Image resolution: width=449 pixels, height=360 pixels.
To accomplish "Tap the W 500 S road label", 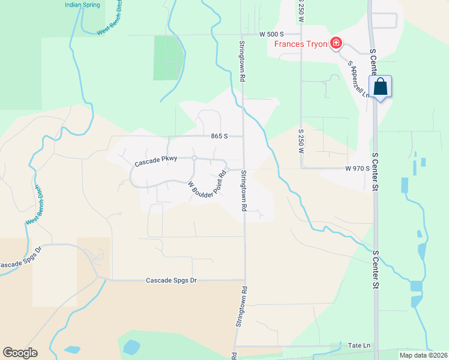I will pyautogui.click(x=271, y=35).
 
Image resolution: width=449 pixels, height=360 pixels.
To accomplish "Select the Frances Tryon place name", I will pyautogui.click(x=301, y=43).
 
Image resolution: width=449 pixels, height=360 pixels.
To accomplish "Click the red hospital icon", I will pyautogui.click(x=336, y=43).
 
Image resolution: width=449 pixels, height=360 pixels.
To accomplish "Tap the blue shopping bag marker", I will pyautogui.click(x=381, y=87).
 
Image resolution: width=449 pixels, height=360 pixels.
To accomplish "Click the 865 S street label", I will pyautogui.click(x=219, y=136).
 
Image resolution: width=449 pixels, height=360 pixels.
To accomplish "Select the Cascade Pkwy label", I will pyautogui.click(x=155, y=162).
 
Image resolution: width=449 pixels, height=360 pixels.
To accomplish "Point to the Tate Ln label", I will pyautogui.click(x=360, y=346).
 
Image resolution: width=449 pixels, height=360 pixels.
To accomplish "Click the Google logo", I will pyautogui.click(x=20, y=353).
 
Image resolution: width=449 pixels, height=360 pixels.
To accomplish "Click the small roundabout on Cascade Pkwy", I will pyautogui.click(x=194, y=158).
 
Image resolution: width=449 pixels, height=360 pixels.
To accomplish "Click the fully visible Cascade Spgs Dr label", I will pyautogui.click(x=172, y=280).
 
